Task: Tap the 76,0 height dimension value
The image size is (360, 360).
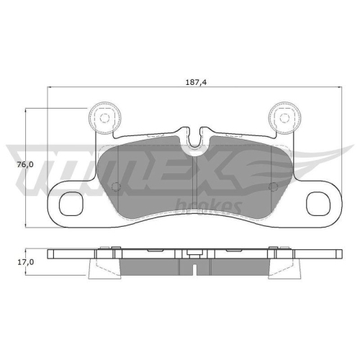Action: pos(24,165)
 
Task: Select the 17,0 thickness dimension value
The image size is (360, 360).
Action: pos(26,261)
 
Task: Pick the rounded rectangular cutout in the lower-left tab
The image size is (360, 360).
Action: pos(71,204)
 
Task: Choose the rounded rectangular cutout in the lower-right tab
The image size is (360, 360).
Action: pos(318,204)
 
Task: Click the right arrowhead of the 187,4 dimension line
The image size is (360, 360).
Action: pos(339,88)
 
